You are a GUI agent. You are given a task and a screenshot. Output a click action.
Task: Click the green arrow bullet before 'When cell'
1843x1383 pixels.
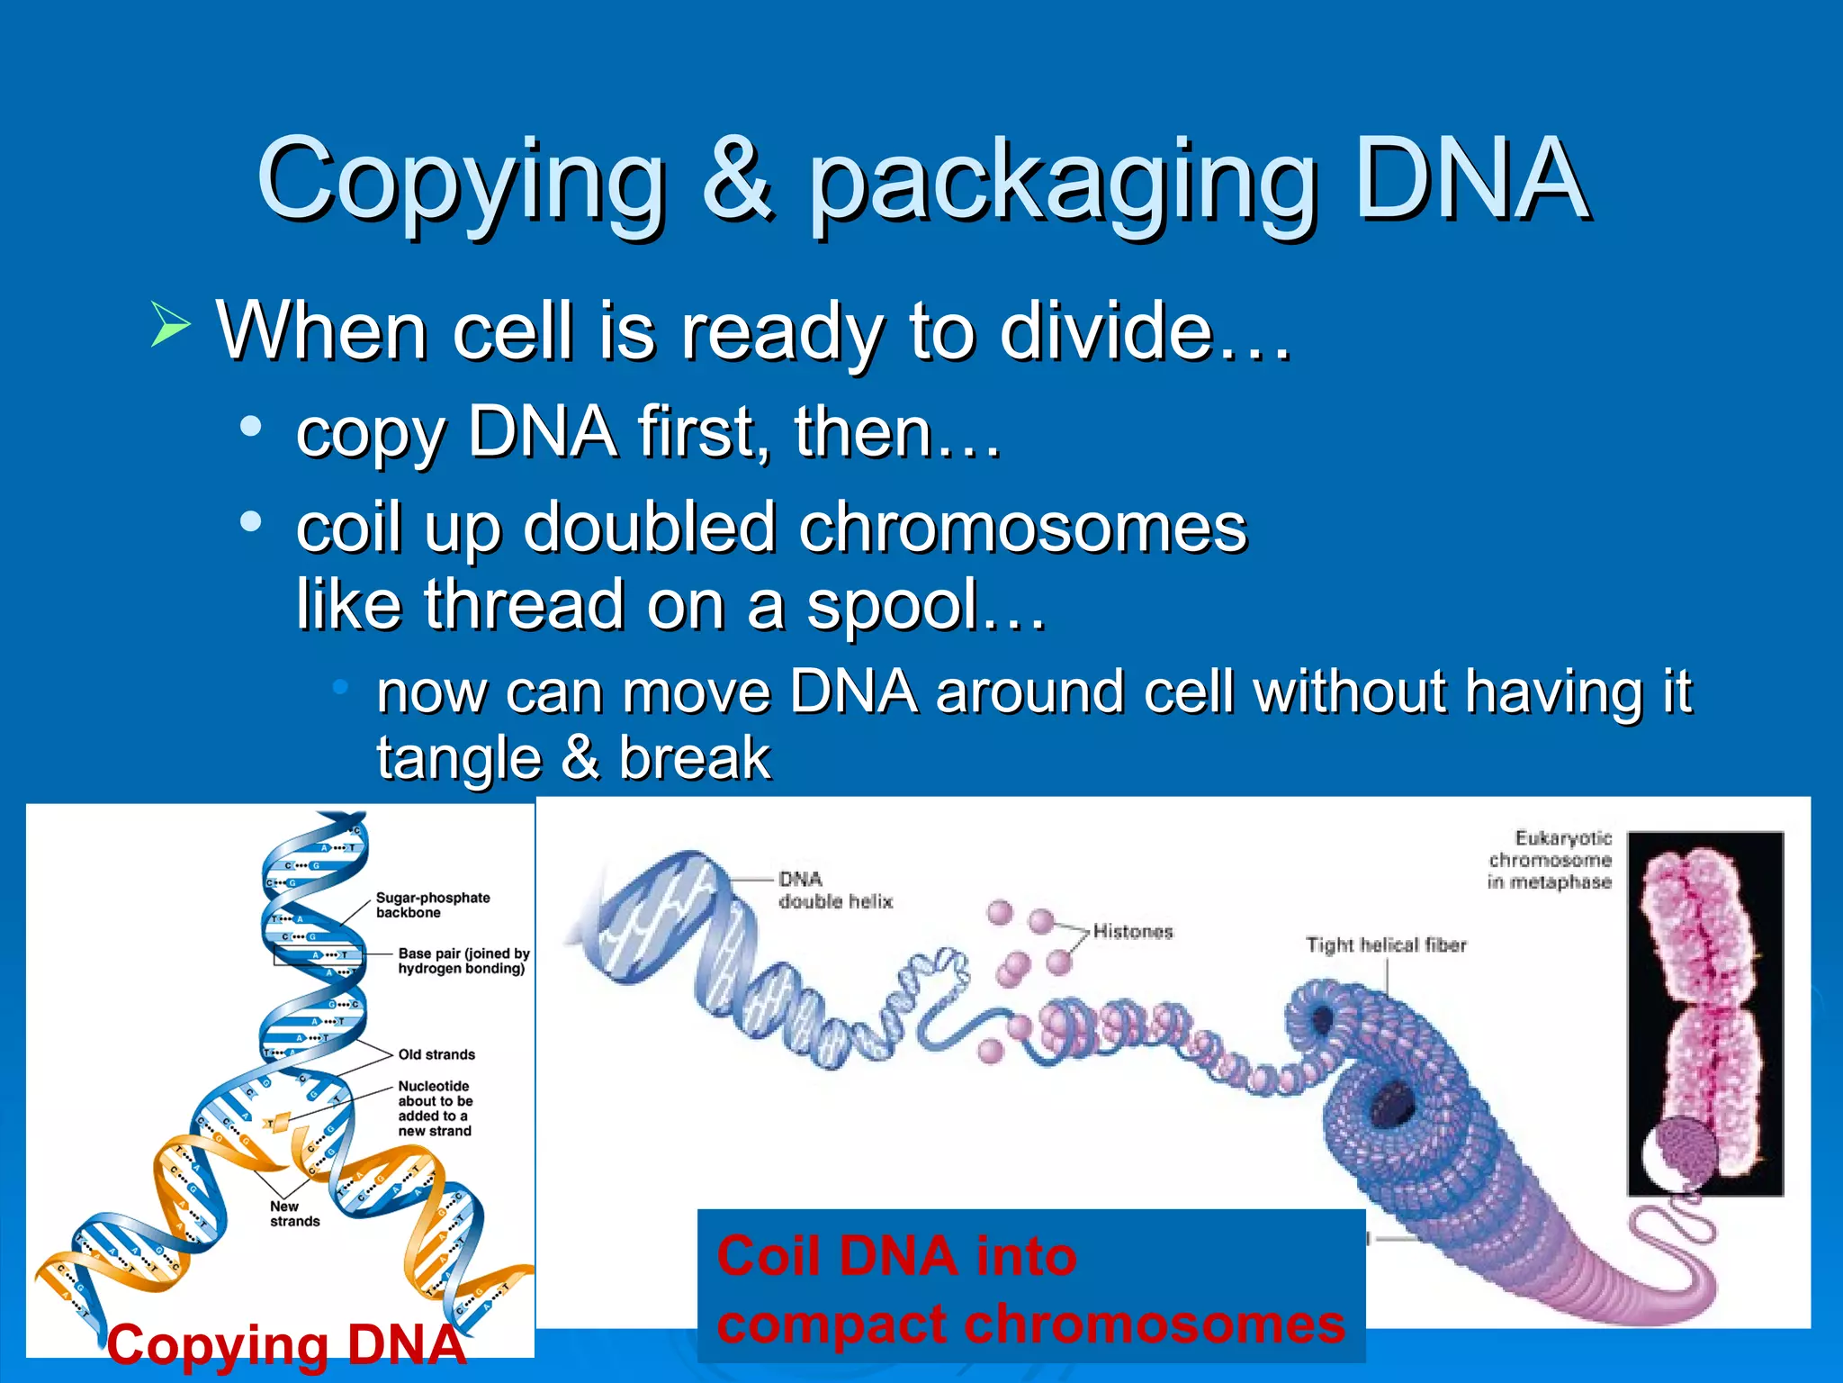(169, 324)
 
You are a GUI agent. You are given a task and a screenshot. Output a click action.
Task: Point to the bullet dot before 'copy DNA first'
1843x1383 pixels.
(251, 425)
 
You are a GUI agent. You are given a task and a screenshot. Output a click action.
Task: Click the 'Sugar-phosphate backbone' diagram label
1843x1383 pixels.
(432, 905)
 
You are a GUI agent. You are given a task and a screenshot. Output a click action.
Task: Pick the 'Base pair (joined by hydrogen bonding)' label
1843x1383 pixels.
(463, 961)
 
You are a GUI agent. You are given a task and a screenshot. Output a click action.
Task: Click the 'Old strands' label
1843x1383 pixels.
(436, 1054)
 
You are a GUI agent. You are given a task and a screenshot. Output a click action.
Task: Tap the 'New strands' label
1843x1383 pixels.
(294, 1214)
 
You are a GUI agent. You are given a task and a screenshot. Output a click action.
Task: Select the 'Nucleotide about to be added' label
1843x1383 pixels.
(436, 1108)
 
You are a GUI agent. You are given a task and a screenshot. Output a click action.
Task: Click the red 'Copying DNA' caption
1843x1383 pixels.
(286, 1345)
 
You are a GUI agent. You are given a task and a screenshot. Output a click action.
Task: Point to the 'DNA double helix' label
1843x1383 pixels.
(833, 890)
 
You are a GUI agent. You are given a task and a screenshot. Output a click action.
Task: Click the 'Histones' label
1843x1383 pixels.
(1133, 932)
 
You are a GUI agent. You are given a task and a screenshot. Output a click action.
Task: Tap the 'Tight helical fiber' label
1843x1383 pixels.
(1386, 945)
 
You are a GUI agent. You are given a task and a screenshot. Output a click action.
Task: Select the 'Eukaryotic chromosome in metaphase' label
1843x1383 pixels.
(1550, 860)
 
